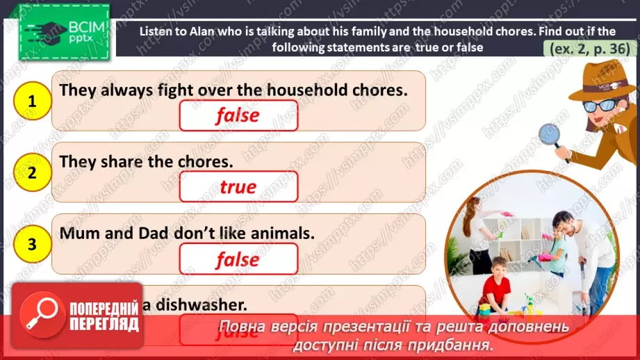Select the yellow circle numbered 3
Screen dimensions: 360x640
(32, 244)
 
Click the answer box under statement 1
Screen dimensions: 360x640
(238, 116)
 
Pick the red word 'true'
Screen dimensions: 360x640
(238, 187)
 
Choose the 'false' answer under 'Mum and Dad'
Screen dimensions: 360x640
(238, 259)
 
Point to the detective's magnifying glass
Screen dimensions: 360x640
(552, 133)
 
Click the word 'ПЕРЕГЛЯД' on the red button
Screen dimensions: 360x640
(104, 324)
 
